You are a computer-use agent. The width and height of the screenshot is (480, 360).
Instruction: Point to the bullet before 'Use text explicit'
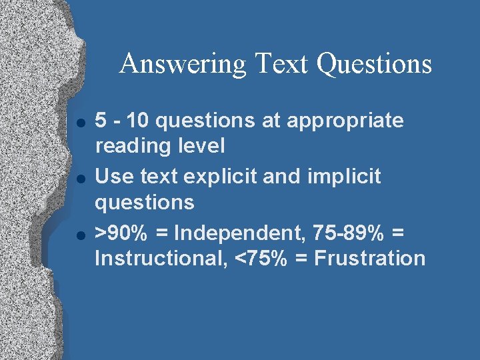click(81, 178)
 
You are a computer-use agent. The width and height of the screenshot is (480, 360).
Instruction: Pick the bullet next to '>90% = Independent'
click(81, 234)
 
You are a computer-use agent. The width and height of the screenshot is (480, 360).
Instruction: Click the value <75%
click(255, 257)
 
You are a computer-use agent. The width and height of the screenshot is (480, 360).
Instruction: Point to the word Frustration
click(369, 257)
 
